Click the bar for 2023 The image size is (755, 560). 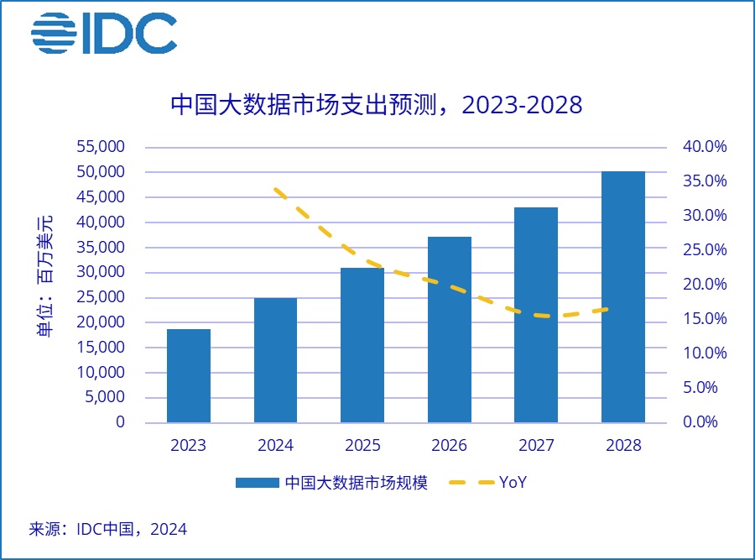coord(189,375)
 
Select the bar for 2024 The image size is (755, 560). coord(275,360)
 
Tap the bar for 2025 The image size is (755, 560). coord(362,345)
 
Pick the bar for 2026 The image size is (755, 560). coord(449,329)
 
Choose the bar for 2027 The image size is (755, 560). coord(536,315)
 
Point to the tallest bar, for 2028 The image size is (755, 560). coord(623,296)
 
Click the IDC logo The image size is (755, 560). coord(104,34)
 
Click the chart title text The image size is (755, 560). coord(377,105)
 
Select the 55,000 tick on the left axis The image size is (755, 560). coord(101,147)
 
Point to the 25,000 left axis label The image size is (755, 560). coord(101,297)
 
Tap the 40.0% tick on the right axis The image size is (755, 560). coord(705,147)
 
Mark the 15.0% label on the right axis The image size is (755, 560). coord(705,319)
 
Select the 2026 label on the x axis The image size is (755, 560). coord(449,446)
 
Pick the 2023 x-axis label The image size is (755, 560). coord(189,446)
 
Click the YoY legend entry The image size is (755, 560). coord(513,483)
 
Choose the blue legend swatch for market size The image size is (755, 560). coord(257,483)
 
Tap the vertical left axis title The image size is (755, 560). coord(45,276)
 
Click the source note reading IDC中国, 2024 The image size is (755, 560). coord(108,529)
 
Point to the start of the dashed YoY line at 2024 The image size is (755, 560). coord(276,189)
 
